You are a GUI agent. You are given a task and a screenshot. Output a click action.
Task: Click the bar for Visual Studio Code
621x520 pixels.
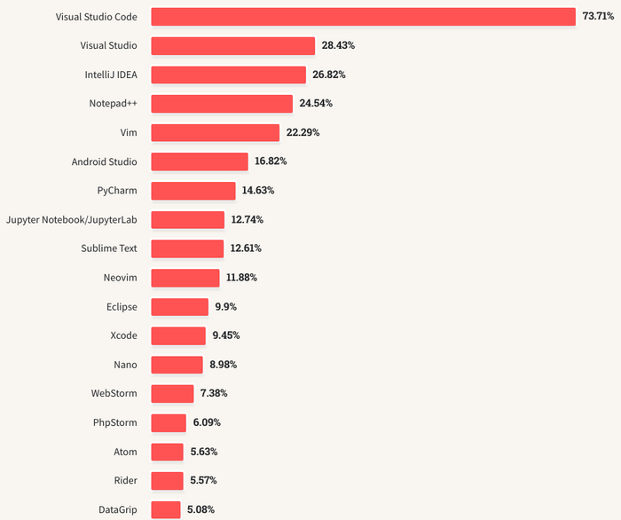coord(364,17)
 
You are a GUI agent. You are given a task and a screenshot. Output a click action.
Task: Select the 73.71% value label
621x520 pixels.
coord(599,17)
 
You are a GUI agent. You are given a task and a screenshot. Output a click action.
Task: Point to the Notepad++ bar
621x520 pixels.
coord(222,104)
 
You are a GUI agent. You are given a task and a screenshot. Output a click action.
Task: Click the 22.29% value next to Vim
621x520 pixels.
coord(303,132)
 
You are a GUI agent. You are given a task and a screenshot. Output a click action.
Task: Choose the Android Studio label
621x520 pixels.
coord(105,162)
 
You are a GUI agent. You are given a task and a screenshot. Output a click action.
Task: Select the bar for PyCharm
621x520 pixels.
coord(193,191)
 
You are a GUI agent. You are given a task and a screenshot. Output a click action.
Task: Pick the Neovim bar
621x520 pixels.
coord(185,278)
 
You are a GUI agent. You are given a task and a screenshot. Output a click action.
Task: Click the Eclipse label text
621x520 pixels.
coord(122,306)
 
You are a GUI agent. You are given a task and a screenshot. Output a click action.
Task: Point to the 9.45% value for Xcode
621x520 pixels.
coord(226,335)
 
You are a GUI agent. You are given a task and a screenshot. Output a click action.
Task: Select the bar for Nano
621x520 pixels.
coord(177,365)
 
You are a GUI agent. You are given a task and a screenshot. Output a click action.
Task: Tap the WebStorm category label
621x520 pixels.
coord(114,393)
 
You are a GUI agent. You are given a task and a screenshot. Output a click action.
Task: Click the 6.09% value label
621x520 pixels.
coord(207,422)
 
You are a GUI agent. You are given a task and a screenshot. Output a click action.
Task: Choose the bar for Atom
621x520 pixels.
coord(167,452)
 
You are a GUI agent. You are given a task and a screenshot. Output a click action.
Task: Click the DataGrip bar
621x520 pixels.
coord(165,509)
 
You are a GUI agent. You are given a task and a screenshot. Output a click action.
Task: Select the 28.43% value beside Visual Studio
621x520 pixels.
coord(339,45)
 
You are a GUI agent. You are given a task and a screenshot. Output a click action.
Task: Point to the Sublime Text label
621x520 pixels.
coord(109,248)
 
